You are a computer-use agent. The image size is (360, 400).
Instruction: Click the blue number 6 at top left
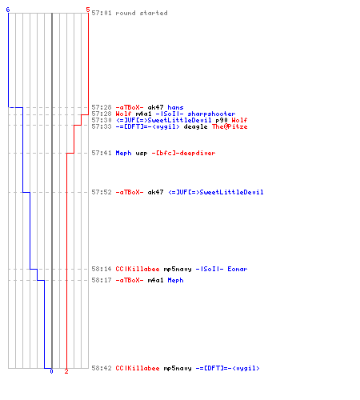[x=8, y=10]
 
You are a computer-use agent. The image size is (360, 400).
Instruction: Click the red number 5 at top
[x=88, y=10]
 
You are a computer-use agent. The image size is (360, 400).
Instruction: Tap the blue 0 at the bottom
[x=51, y=371]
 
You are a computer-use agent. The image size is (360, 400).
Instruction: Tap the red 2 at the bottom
[x=66, y=371]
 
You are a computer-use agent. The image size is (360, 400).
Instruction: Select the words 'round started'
[x=142, y=13]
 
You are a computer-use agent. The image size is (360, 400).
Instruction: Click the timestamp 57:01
[x=102, y=13]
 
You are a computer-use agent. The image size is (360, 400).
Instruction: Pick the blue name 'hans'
[x=175, y=107]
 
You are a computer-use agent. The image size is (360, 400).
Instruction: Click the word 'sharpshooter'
[x=211, y=114]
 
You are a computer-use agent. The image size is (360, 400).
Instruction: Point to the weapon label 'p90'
[x=222, y=120]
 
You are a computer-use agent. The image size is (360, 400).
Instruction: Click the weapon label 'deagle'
[x=195, y=126]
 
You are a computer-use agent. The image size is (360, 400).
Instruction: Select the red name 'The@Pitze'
[x=230, y=126]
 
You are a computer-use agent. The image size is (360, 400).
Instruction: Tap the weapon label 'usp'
[x=142, y=153]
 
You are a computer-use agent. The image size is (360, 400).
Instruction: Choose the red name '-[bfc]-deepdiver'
[x=183, y=153]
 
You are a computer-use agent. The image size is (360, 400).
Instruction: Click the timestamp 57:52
[x=102, y=192]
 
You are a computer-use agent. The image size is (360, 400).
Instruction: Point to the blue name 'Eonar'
[x=238, y=269]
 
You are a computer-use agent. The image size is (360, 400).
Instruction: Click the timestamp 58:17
[x=102, y=280]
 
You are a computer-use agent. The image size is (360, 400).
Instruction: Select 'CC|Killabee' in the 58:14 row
[x=138, y=269]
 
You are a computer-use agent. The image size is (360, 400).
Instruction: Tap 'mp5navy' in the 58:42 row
[x=178, y=368]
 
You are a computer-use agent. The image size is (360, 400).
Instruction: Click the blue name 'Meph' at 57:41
[x=123, y=153]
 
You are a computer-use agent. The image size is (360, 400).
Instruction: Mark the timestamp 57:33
[x=102, y=126]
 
